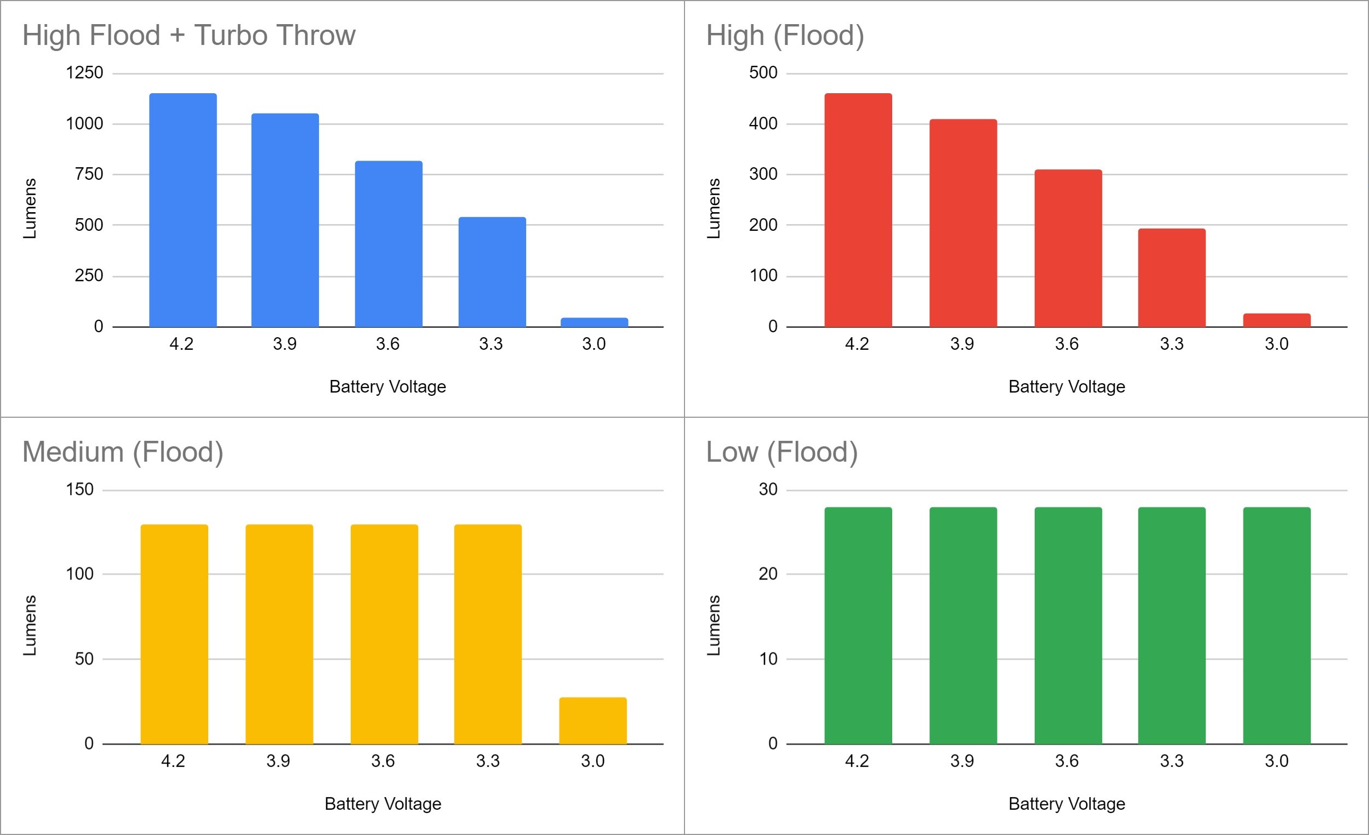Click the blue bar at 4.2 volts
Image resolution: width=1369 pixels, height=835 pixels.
click(183, 210)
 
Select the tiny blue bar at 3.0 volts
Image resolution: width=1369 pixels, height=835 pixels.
click(594, 322)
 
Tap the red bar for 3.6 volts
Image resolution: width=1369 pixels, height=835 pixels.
click(1068, 248)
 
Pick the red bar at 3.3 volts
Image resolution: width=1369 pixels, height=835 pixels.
click(1171, 277)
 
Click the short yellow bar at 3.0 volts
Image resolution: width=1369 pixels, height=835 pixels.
click(593, 720)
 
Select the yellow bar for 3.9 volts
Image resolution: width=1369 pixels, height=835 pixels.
click(279, 634)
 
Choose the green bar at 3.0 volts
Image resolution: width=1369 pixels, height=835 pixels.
click(1276, 626)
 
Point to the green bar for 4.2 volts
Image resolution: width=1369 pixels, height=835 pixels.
click(858, 626)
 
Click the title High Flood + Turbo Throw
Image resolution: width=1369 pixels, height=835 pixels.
click(189, 36)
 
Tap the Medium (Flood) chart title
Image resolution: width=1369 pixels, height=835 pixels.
click(123, 452)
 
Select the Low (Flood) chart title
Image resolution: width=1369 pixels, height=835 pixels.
click(782, 452)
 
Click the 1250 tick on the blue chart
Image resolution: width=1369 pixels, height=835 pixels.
click(84, 73)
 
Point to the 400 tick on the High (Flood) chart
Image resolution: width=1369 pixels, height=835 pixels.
click(763, 123)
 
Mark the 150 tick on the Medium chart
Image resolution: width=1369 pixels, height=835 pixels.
click(79, 490)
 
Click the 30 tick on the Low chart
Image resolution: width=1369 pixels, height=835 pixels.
click(768, 490)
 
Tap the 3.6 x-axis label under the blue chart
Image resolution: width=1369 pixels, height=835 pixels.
click(387, 344)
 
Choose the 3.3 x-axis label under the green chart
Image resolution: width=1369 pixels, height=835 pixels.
click(1171, 761)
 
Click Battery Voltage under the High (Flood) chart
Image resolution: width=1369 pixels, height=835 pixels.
click(1066, 387)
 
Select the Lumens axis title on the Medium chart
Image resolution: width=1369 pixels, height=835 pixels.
click(30, 626)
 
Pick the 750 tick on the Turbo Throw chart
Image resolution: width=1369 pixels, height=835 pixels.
click(89, 174)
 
